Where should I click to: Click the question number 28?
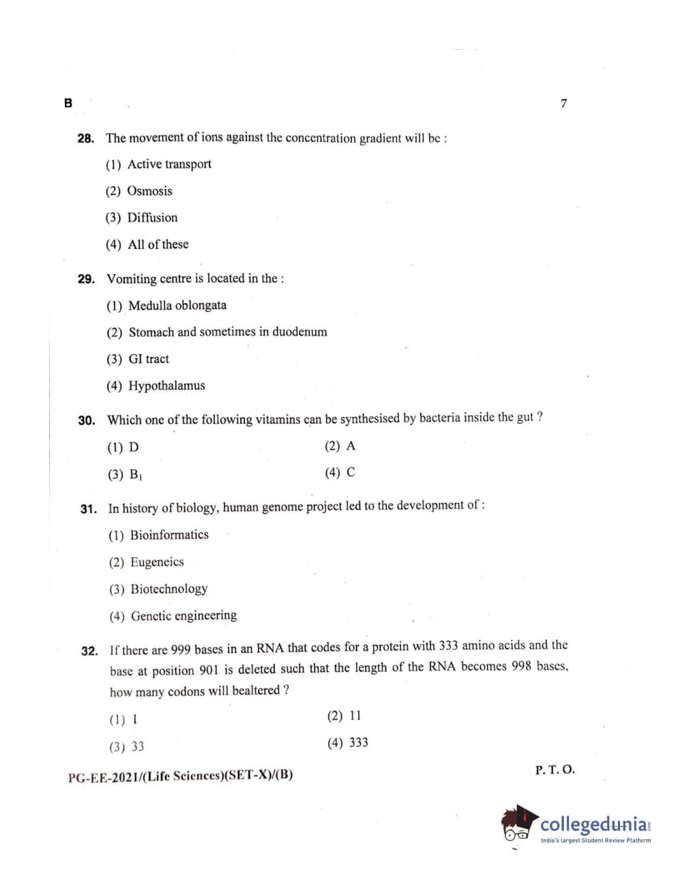pos(86,138)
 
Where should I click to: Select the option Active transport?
pos(168,164)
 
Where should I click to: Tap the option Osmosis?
pos(149,191)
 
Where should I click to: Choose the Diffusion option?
pos(152,218)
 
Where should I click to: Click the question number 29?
pos(87,279)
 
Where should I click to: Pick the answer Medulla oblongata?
pos(177,306)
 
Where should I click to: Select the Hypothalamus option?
pos(166,385)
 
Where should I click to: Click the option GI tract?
pos(149,359)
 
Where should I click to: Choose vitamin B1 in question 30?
pos(136,475)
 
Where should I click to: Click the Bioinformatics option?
pos(169,535)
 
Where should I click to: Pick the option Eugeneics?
pos(157,562)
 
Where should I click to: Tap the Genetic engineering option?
pos(183,616)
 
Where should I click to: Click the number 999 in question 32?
pos(181,649)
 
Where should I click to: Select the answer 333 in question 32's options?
pos(358,743)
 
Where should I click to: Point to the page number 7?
pos(563,104)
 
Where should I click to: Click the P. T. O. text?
pos(555,770)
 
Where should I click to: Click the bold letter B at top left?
pos(68,103)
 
